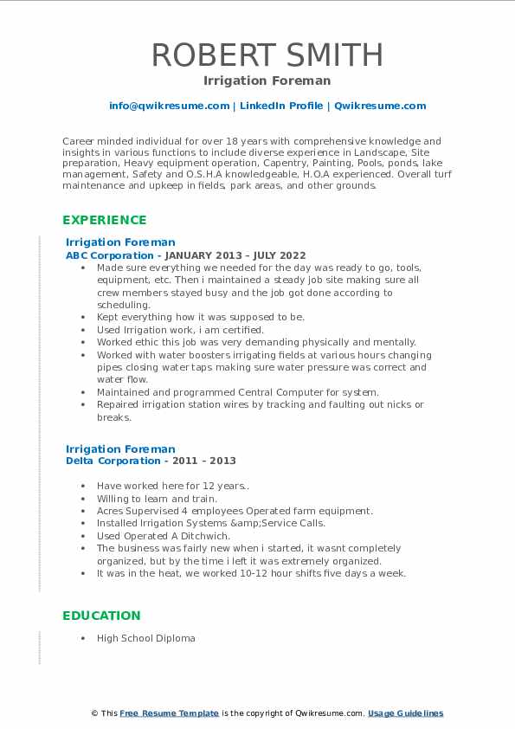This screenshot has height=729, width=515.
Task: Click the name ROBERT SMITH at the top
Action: coord(267,55)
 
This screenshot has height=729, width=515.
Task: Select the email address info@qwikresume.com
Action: coord(169,106)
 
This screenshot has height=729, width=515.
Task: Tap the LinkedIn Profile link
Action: coord(281,106)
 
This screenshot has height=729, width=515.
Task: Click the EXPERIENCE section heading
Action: coord(105,220)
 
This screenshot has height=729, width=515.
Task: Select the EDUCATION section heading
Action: coord(101,616)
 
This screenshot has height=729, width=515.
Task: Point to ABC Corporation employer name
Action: coord(110,255)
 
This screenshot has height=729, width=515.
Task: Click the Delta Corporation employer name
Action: coord(113,461)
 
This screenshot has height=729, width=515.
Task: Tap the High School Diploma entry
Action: coord(146,638)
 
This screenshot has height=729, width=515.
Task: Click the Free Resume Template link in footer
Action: coord(169,713)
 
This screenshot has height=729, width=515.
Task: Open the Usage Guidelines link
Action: coord(405,713)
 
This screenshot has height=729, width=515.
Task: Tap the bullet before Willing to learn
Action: coord(81,499)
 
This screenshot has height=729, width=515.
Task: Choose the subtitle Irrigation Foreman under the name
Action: coord(267,81)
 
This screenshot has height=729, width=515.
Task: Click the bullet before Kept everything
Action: coord(81,318)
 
